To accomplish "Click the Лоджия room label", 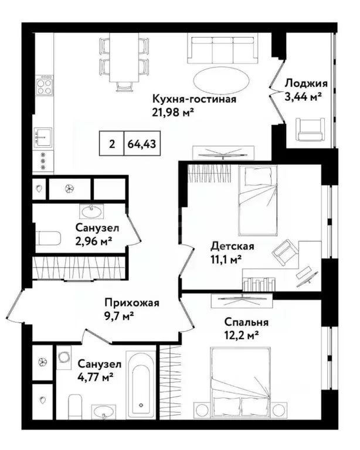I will point(303,83).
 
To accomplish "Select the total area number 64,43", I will point(141,144).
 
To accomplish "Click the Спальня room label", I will point(246,322).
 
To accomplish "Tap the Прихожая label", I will point(131,303).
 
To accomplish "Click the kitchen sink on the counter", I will point(44,135).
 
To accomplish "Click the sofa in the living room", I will point(223,49).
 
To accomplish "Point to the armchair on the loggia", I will point(310,128).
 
